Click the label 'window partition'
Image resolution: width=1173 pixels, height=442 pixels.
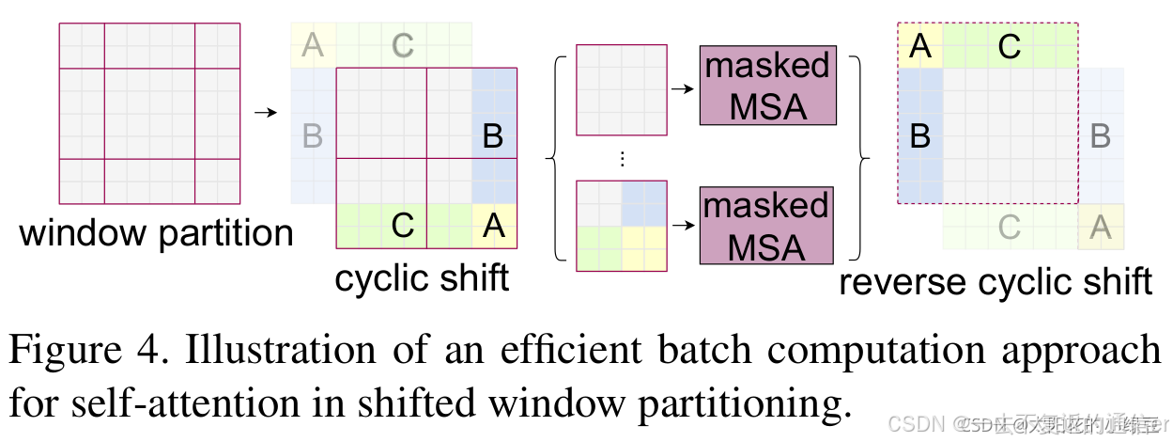(156, 232)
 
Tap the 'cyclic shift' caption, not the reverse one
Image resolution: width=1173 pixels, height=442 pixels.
(422, 278)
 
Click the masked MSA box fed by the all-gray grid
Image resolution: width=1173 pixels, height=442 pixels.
(767, 87)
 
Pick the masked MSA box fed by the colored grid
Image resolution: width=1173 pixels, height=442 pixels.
(767, 226)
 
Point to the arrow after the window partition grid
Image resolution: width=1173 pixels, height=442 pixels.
(266, 113)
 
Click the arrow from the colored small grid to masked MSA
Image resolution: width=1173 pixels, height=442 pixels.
(683, 227)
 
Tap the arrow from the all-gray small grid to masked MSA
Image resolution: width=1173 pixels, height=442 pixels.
(683, 90)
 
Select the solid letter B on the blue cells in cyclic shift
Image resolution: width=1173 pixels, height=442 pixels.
(493, 137)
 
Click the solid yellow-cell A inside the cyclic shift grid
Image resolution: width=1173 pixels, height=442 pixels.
(493, 226)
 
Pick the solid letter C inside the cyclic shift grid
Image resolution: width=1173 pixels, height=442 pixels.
(403, 226)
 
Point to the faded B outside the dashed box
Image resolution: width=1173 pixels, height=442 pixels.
(1101, 137)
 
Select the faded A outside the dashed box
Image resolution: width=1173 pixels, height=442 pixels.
(1101, 227)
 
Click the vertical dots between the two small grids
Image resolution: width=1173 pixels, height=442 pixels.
(621, 159)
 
